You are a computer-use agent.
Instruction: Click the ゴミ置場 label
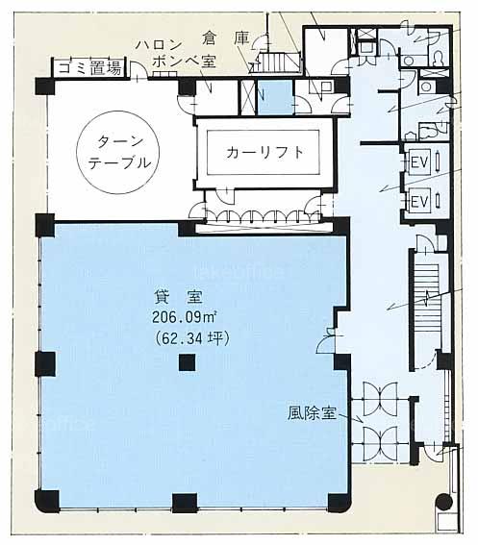tap(89, 68)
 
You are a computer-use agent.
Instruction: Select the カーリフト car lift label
tap(264, 153)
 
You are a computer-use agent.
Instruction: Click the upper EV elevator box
tap(419, 161)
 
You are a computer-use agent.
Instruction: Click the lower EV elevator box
tap(419, 201)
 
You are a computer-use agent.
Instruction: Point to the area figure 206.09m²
tap(185, 317)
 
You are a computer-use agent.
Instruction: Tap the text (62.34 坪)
tap(191, 338)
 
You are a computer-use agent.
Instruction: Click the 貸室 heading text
tap(178, 297)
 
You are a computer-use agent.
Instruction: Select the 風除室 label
tap(312, 413)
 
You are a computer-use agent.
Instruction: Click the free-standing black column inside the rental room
tap(187, 362)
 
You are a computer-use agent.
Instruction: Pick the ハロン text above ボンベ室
tap(159, 45)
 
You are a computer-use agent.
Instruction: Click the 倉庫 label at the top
tap(226, 38)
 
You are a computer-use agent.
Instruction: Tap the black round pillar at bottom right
tap(444, 502)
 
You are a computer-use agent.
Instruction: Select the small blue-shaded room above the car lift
tap(275, 98)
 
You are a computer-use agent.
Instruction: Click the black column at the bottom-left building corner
tap(47, 501)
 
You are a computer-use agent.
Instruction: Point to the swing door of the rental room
tap(326, 343)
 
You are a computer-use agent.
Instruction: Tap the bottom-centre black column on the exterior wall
tap(185, 503)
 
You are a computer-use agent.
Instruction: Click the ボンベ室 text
tap(184, 62)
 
